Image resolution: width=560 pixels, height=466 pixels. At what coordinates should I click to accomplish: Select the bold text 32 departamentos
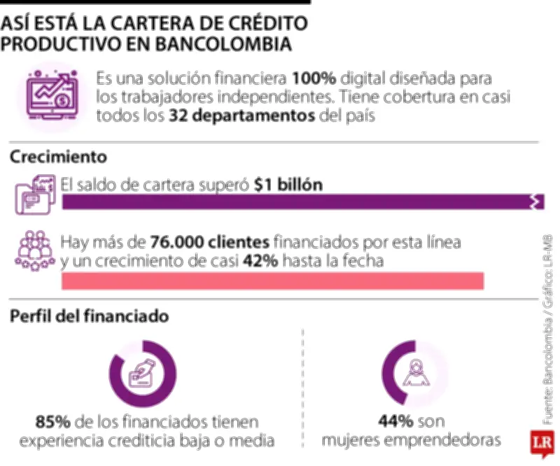point(241,116)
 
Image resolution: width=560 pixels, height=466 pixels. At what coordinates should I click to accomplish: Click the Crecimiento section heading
point(58,156)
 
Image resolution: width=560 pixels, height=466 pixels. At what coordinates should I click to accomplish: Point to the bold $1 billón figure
point(288,185)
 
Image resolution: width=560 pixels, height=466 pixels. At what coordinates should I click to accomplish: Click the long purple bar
point(301,203)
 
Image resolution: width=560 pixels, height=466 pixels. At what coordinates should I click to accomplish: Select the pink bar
point(273,281)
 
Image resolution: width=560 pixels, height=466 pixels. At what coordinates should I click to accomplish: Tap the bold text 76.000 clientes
point(210,243)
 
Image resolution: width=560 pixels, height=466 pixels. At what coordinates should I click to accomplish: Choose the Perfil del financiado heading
point(89,316)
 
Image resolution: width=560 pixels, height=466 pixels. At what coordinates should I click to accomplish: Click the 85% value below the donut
point(52,422)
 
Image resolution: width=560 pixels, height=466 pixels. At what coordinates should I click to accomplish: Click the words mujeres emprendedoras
point(412,440)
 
